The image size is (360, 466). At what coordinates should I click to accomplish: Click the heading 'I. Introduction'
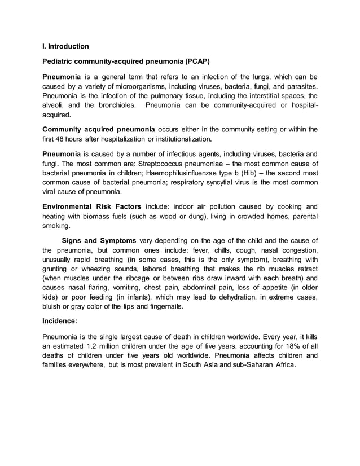(x=65, y=46)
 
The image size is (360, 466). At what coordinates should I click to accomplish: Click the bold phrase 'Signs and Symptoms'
(x=99, y=240)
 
